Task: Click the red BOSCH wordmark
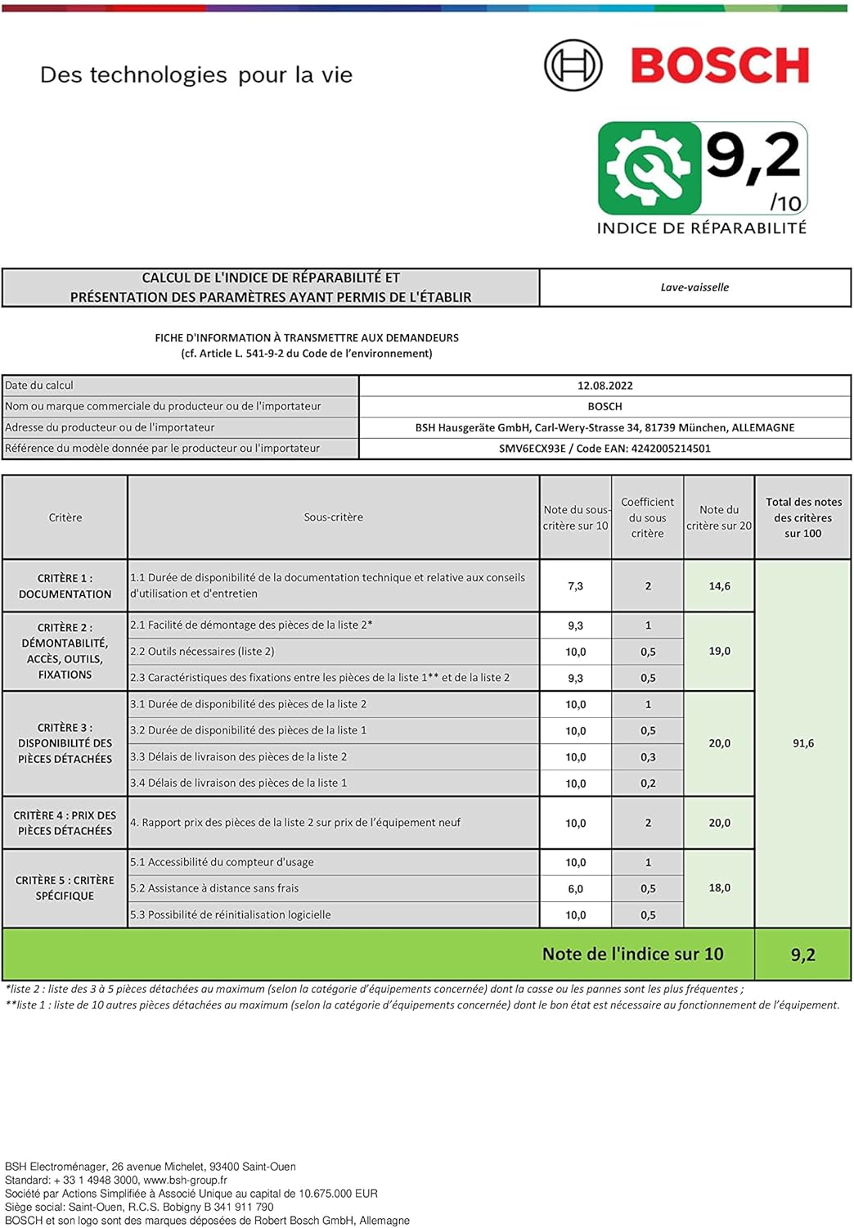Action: (720, 65)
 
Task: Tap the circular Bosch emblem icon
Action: (573, 65)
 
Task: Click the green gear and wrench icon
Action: (649, 168)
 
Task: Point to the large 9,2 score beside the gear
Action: (753, 156)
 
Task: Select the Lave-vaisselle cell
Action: (694, 287)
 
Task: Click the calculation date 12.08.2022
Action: (605, 386)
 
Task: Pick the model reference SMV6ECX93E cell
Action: (605, 449)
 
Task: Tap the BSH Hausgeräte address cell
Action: (605, 427)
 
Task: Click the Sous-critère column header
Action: (333, 517)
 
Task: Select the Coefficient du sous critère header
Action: (647, 517)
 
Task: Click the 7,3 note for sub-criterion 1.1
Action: (575, 586)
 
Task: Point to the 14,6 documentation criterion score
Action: (719, 586)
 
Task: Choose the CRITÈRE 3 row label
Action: (65, 743)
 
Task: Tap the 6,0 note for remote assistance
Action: (575, 889)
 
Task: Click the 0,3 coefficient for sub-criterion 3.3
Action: (648, 757)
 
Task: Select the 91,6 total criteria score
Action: (802, 743)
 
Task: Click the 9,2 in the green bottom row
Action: (802, 955)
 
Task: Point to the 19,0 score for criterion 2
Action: (719, 651)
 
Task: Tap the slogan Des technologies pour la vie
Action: (196, 75)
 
